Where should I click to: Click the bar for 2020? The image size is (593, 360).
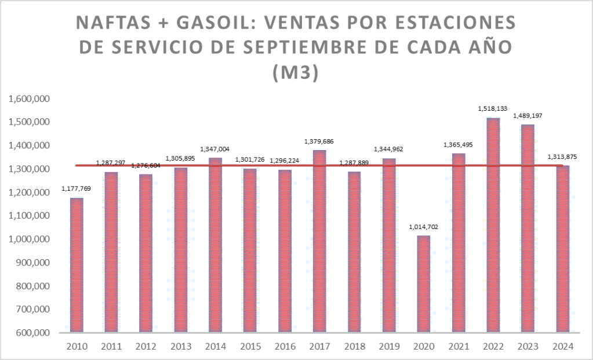coord(423,284)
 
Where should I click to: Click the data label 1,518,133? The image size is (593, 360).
coord(493,108)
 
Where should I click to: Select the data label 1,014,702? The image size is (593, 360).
coord(423,227)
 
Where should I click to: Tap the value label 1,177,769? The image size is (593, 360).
coord(76,188)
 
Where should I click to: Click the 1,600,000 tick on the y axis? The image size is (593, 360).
coord(28,99)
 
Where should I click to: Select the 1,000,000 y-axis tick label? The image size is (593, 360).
coord(28,239)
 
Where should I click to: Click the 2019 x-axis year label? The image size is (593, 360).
coord(388,346)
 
